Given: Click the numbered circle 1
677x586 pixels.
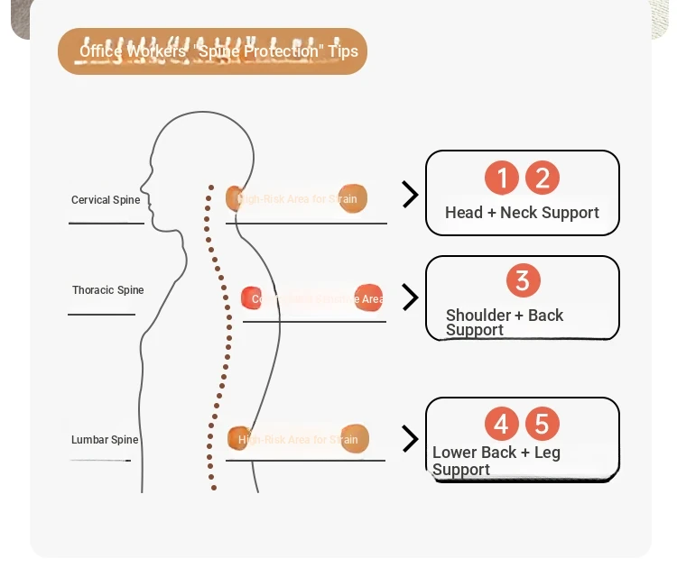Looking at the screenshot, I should pyautogui.click(x=502, y=178).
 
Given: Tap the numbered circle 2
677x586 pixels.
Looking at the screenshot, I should pyautogui.click(x=543, y=178).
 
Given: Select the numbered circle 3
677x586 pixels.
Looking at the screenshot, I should pyautogui.click(x=523, y=280).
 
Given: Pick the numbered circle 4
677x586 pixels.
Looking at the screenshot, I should pyautogui.click(x=502, y=424).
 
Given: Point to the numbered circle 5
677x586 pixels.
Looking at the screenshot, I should pyautogui.click(x=543, y=424).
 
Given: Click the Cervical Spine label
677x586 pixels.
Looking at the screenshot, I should pyautogui.click(x=106, y=200).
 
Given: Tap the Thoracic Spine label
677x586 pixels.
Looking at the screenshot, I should pyautogui.click(x=108, y=290).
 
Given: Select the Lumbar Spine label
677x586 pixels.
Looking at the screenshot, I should pyautogui.click(x=105, y=440).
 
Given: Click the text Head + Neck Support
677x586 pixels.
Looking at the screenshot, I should pyautogui.click(x=522, y=213).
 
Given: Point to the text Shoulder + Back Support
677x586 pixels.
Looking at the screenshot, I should pyautogui.click(x=504, y=322).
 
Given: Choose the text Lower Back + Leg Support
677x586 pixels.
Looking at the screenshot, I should pyautogui.click(x=496, y=461).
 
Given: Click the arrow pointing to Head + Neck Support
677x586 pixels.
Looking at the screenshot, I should pyautogui.click(x=410, y=194).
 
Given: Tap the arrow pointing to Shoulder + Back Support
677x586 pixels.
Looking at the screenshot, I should pyautogui.click(x=410, y=298).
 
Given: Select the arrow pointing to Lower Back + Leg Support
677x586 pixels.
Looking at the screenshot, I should pyautogui.click(x=410, y=439).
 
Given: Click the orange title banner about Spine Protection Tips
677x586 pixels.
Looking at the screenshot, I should pyautogui.click(x=213, y=51).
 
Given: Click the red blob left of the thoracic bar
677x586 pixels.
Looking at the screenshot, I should pyautogui.click(x=252, y=298).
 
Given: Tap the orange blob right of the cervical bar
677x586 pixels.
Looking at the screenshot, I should pyautogui.click(x=353, y=198).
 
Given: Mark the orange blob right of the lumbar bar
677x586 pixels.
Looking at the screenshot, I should pyautogui.click(x=354, y=438).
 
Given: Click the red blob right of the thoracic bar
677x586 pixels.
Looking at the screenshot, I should pyautogui.click(x=368, y=298).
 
